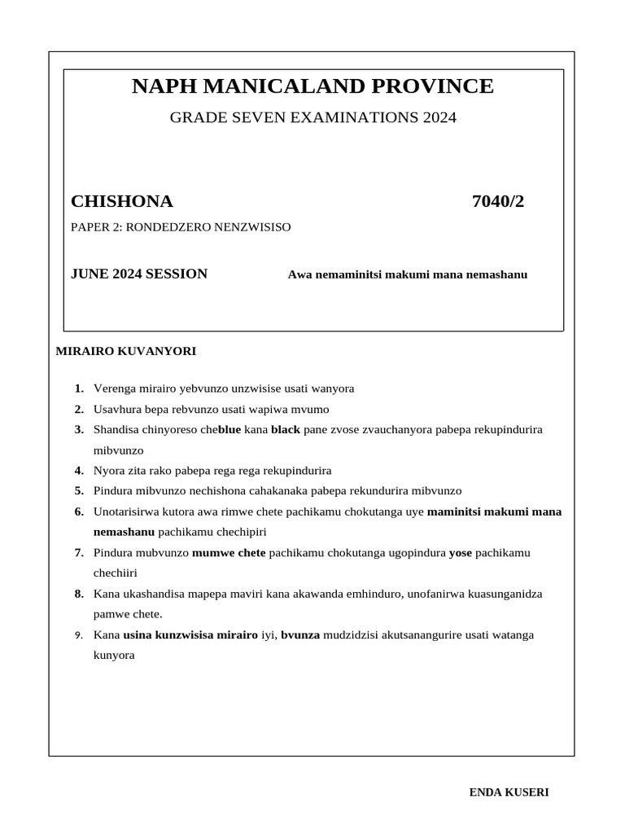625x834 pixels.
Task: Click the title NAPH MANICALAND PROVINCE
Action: tap(312, 86)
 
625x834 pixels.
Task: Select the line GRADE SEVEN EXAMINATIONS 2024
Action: tap(312, 118)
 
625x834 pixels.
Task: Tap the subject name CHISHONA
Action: tap(122, 201)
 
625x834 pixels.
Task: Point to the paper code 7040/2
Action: tap(498, 201)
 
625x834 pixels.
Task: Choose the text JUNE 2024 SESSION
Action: tap(139, 274)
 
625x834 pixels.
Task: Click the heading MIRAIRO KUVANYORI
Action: tap(125, 352)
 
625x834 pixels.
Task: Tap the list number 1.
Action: tap(79, 388)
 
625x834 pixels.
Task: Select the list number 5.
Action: tap(79, 491)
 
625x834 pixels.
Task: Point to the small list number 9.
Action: tap(79, 634)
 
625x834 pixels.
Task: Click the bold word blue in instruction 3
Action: tap(229, 429)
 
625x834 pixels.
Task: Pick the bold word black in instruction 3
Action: tap(286, 429)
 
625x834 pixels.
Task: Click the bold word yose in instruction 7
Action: tap(461, 553)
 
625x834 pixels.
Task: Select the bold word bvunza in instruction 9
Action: tap(302, 634)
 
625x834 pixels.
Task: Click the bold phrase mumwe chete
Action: tap(229, 553)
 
